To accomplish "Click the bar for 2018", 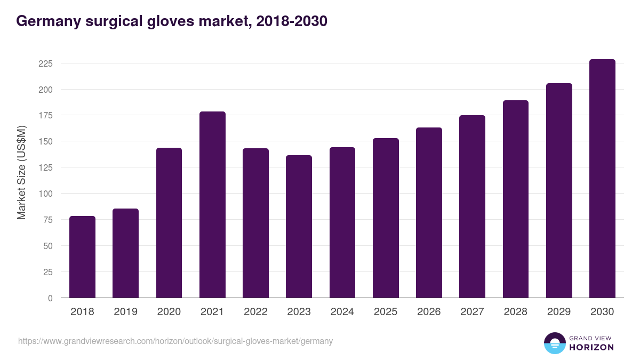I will click(x=82, y=257).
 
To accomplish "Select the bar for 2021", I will click(x=212, y=205).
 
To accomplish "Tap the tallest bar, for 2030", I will click(x=602, y=179).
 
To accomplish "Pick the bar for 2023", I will click(x=299, y=227).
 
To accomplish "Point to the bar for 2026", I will click(x=429, y=213).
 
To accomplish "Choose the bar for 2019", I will click(x=125, y=253).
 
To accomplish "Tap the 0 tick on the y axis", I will click(x=50, y=298).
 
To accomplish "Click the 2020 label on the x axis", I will click(x=169, y=312).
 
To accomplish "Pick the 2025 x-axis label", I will click(x=386, y=312).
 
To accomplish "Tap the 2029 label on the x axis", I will click(x=559, y=312).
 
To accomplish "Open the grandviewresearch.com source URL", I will click(x=175, y=341).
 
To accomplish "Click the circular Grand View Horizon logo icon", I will click(x=554, y=343).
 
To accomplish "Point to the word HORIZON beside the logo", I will click(x=591, y=347).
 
